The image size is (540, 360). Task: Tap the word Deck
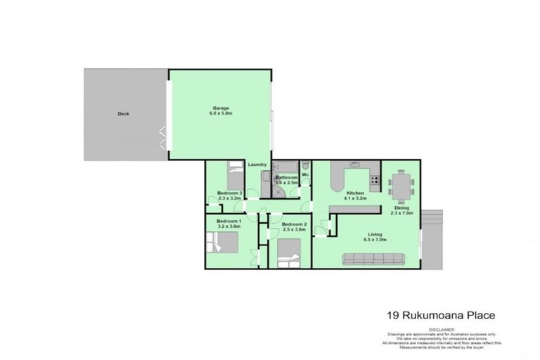(123, 113)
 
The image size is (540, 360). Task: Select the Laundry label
(257, 165)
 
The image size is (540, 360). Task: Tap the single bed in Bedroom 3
(234, 174)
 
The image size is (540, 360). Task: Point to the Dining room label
(402, 207)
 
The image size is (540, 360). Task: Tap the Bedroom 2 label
(287, 224)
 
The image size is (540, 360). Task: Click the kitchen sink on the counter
(354, 165)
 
